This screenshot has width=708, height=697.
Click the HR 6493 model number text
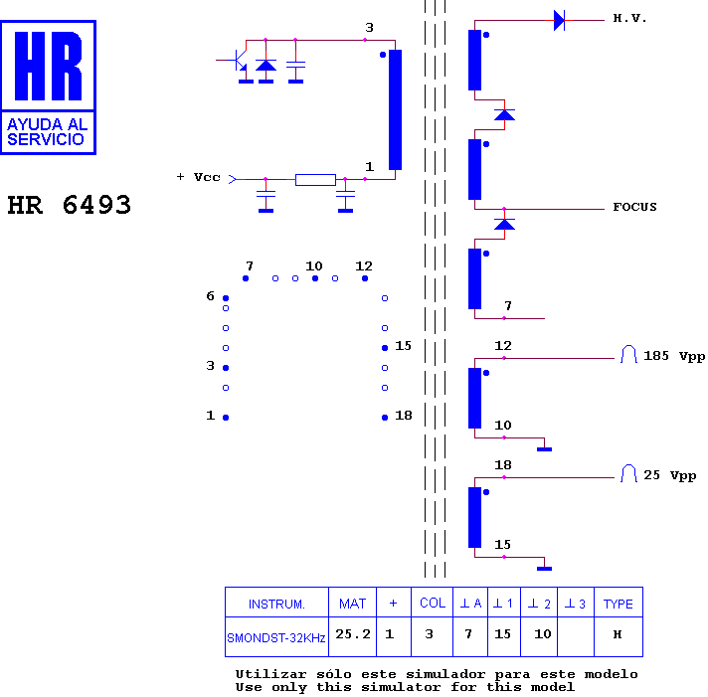point(69,205)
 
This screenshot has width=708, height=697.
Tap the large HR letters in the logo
point(49,66)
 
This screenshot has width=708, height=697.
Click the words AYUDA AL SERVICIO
point(47,132)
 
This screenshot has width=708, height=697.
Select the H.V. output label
point(629,19)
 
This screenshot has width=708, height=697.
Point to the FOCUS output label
point(634,207)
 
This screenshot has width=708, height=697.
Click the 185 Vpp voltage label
point(673,356)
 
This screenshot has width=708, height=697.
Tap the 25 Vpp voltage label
point(669,475)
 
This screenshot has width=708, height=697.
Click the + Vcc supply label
point(198,177)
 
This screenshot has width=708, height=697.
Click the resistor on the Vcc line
point(315,180)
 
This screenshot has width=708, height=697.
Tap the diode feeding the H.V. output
point(559,20)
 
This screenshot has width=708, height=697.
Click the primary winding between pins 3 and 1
point(395,109)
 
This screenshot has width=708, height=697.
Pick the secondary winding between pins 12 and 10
point(474,398)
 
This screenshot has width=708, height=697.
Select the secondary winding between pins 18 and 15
point(474,517)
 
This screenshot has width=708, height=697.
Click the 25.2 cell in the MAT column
point(353,634)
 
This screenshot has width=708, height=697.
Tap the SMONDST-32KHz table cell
point(275,638)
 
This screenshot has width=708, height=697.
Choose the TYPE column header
point(619,604)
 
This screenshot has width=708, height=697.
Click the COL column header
point(433,604)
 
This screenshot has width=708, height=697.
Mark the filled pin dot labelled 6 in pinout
point(226,298)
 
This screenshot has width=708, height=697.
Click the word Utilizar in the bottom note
point(270,674)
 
